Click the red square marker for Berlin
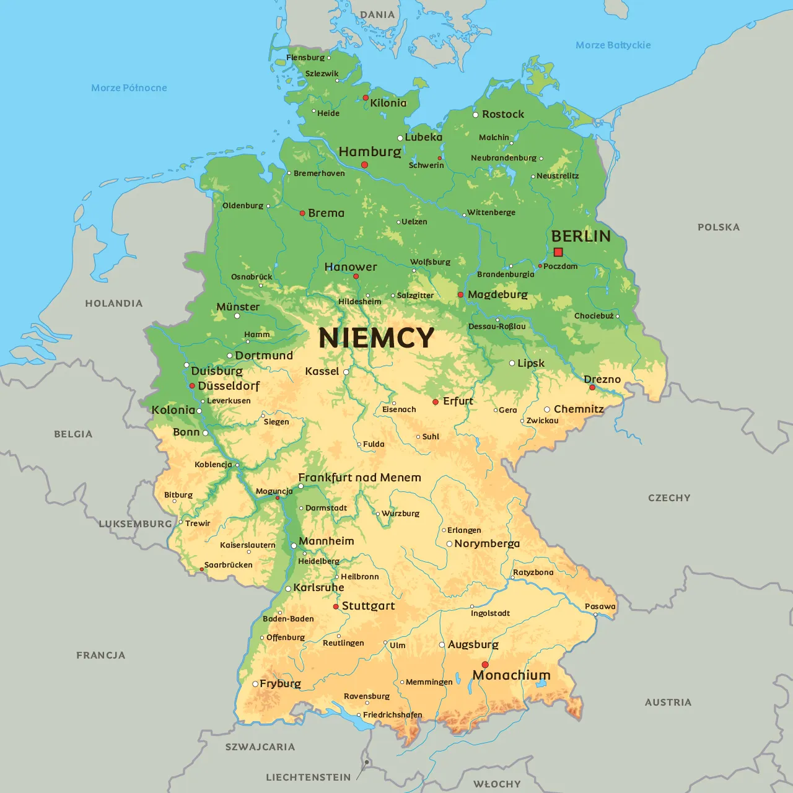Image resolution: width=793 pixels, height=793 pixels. (558, 252)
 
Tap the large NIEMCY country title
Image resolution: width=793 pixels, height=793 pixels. (376, 338)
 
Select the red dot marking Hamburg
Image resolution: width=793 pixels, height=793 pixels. (365, 165)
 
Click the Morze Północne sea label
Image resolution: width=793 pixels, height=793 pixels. (129, 88)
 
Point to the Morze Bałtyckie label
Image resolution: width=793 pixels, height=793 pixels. (613, 45)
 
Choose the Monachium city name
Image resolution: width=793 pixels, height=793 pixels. (511, 675)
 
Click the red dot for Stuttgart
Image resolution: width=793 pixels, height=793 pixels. (336, 607)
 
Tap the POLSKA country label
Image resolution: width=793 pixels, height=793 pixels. (718, 227)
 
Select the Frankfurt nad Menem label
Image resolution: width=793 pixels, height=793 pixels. (359, 478)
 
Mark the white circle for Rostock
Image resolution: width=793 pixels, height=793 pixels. (476, 115)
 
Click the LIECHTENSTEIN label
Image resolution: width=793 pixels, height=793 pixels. (308, 777)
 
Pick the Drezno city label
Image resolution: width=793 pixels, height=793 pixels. (602, 379)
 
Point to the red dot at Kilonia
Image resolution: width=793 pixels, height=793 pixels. (366, 98)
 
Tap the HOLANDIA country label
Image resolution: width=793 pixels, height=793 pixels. (113, 304)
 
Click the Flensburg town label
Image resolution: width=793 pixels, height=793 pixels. (305, 58)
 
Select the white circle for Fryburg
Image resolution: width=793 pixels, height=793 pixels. (255, 684)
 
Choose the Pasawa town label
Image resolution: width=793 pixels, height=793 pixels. (600, 607)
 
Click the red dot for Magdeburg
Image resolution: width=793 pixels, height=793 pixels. (460, 295)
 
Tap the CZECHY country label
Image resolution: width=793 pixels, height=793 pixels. (668, 498)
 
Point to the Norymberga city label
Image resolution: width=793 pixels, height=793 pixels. (487, 543)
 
